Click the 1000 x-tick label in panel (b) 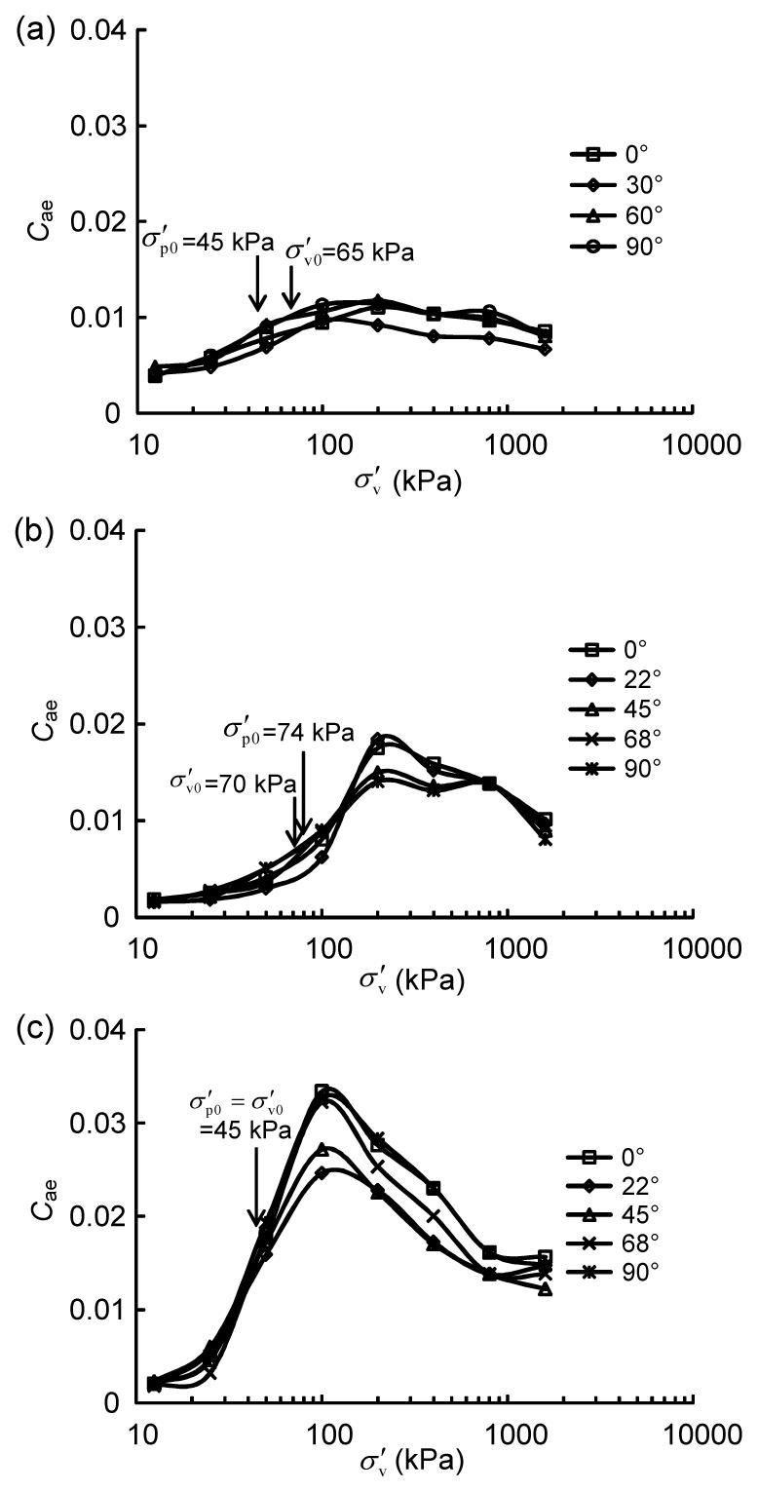pos(509,945)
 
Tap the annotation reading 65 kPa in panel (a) pos(350,253)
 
